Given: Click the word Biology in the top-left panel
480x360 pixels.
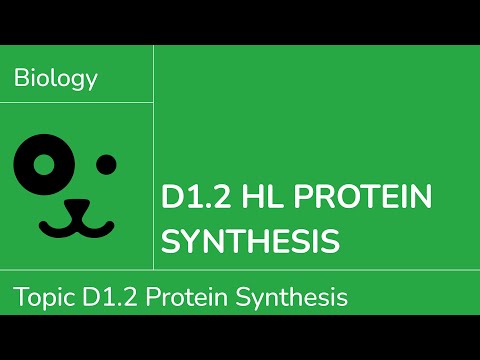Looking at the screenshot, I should (56, 79).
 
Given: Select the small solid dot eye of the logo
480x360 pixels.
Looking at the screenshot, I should (106, 163).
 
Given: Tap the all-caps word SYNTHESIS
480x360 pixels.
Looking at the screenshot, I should (250, 240).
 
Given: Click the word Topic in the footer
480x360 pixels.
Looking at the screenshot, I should (40, 297).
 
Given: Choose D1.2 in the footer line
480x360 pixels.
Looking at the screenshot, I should (99, 297).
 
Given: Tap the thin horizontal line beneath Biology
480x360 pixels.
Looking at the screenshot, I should (77, 102).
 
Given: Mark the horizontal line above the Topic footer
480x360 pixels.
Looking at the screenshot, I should (240, 270).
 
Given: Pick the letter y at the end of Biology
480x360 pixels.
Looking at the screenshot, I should (92, 82).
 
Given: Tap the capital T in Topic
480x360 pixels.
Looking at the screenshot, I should (19, 297).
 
